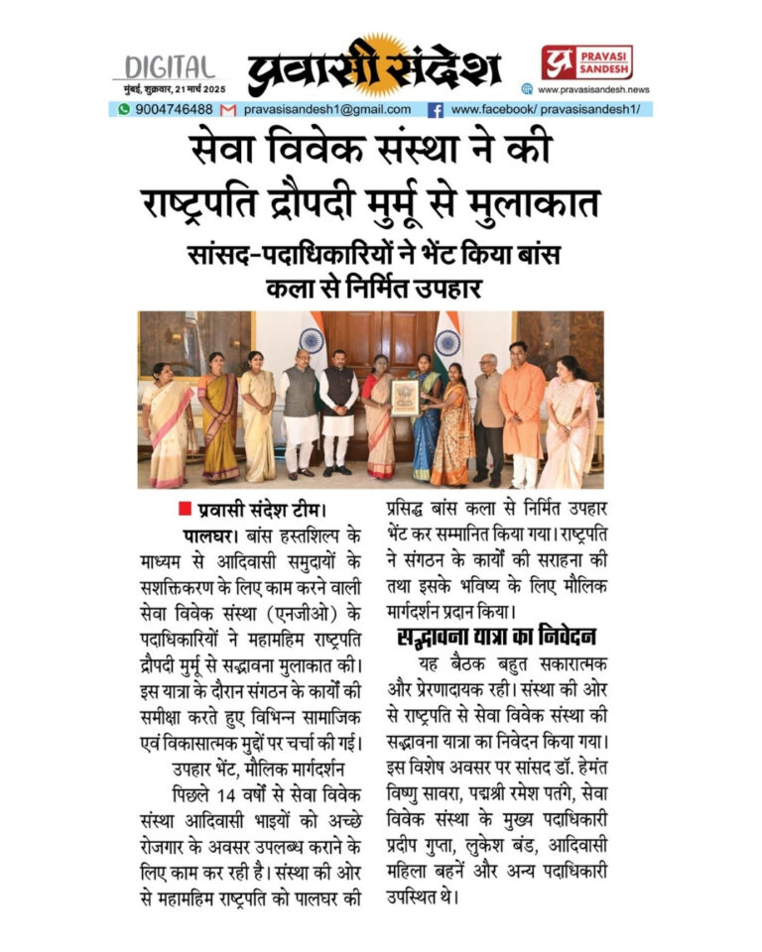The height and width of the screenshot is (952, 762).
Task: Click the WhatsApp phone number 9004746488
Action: pyautogui.click(x=173, y=109)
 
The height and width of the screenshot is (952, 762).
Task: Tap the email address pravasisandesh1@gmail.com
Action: pyautogui.click(x=327, y=109)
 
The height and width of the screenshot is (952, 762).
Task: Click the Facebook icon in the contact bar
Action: pyautogui.click(x=435, y=109)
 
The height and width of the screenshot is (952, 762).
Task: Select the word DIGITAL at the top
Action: pyautogui.click(x=166, y=67)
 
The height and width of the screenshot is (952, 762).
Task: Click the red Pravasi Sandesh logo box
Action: pyautogui.click(x=586, y=63)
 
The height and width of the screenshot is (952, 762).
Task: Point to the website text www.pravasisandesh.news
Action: pyautogui.click(x=593, y=89)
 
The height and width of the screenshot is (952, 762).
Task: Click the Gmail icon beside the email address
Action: pyautogui.click(x=228, y=109)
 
